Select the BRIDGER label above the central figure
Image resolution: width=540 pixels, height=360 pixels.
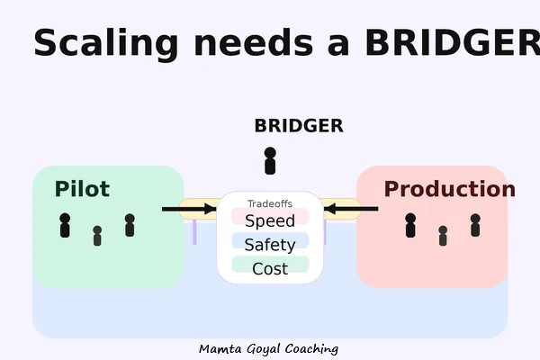tap(299, 126)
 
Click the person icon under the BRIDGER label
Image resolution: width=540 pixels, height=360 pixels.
tap(270, 161)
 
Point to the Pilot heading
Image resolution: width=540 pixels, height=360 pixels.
tap(82, 189)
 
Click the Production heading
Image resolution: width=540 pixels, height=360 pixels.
tap(449, 190)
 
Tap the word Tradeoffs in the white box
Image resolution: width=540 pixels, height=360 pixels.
tap(270, 204)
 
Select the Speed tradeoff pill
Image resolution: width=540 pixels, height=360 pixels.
tap(270, 220)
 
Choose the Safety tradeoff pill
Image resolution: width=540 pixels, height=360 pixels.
tap(270, 244)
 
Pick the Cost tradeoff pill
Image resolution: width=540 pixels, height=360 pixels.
tap(270, 268)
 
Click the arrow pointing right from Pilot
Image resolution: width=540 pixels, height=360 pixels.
tap(189, 210)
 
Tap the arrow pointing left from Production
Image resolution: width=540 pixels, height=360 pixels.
tap(351, 210)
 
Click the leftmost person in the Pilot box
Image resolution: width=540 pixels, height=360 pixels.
tap(65, 225)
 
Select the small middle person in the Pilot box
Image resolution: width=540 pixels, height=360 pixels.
tap(97, 236)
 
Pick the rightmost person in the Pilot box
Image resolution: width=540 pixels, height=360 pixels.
tap(130, 225)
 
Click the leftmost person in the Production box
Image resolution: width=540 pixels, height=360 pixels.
tap(410, 225)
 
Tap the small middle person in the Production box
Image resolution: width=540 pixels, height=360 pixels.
tap(443, 236)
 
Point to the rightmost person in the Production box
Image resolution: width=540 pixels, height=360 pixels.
tap(475, 225)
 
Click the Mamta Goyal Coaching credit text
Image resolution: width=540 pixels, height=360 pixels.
tap(269, 348)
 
